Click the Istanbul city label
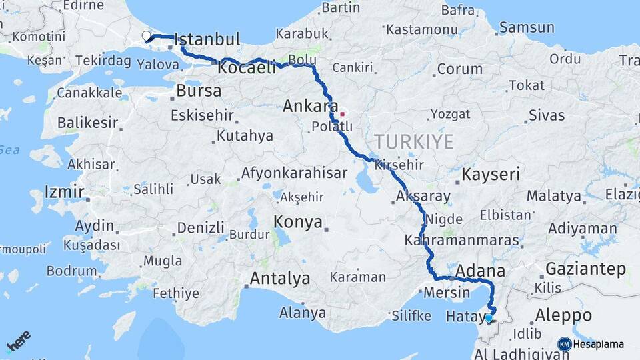pos(207,40)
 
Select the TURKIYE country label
pos(414,141)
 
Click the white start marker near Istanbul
pos(147,35)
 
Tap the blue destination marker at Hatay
pos(489,318)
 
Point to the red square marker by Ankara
pos(342,114)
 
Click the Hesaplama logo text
pos(598,344)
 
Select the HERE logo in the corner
pos(18,341)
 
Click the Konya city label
pos(298,222)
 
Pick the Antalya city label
pos(279,278)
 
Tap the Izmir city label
pos(64,193)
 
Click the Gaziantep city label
pos(585,269)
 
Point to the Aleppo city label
pos(563,315)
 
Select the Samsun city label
pos(527,27)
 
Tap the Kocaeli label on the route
pos(247,68)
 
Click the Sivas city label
pos(546,115)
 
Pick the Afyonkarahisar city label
pos(294,173)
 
